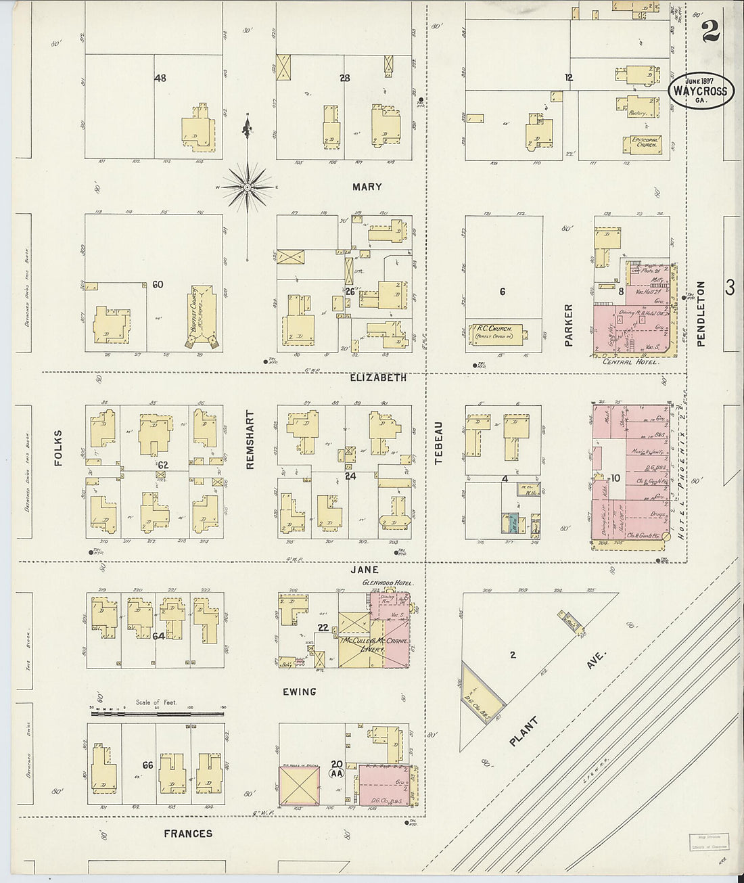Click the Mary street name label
tap(367, 187)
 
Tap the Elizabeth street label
tap(378, 378)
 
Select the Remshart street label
tap(250, 440)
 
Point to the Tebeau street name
tap(438, 443)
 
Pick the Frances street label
tap(188, 834)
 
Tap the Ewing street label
tap(300, 692)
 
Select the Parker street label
tap(568, 325)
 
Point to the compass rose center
tap(248, 185)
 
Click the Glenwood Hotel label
tap(388, 583)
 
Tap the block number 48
tap(160, 78)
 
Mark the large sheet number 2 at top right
tap(710, 30)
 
